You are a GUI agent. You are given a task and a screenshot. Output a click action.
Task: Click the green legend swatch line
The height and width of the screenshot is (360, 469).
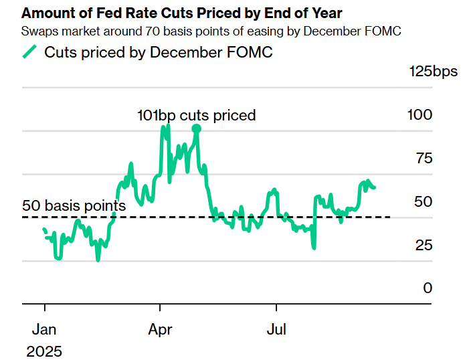click(29, 52)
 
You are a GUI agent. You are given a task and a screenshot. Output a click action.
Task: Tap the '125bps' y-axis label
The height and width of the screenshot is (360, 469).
click(434, 72)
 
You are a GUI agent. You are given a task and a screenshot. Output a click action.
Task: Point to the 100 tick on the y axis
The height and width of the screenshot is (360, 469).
click(419, 114)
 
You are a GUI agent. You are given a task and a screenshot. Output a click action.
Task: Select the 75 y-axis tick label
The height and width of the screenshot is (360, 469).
click(424, 158)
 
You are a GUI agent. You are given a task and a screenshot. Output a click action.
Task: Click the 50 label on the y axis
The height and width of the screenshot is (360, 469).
click(424, 201)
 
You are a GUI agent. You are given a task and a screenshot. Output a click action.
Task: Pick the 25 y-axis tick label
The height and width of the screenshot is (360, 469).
click(424, 245)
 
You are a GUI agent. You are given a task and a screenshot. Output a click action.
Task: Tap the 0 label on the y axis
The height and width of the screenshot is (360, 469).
click(428, 288)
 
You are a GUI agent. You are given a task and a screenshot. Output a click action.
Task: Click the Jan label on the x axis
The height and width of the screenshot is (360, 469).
click(44, 329)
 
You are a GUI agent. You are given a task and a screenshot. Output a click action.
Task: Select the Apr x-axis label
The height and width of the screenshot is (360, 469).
click(160, 330)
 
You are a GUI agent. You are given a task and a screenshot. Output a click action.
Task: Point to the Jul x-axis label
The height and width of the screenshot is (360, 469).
click(276, 329)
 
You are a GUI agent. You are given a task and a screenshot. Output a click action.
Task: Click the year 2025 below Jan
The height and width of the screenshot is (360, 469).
click(44, 351)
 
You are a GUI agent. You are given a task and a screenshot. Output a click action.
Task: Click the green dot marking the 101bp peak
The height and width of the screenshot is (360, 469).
click(197, 129)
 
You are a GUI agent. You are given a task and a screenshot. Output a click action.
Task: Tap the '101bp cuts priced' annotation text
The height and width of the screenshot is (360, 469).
click(197, 116)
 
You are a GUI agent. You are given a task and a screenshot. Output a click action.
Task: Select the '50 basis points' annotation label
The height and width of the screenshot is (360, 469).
click(74, 206)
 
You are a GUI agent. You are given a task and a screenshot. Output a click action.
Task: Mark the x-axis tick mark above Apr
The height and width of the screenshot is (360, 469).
click(160, 308)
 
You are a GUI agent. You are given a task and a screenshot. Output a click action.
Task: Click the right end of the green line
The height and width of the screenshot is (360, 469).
click(375, 187)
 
